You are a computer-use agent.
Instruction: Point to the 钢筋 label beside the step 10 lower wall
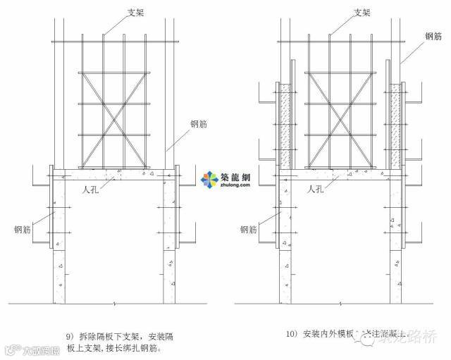[249, 230]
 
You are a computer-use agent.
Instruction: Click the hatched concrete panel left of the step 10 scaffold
[285, 126]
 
